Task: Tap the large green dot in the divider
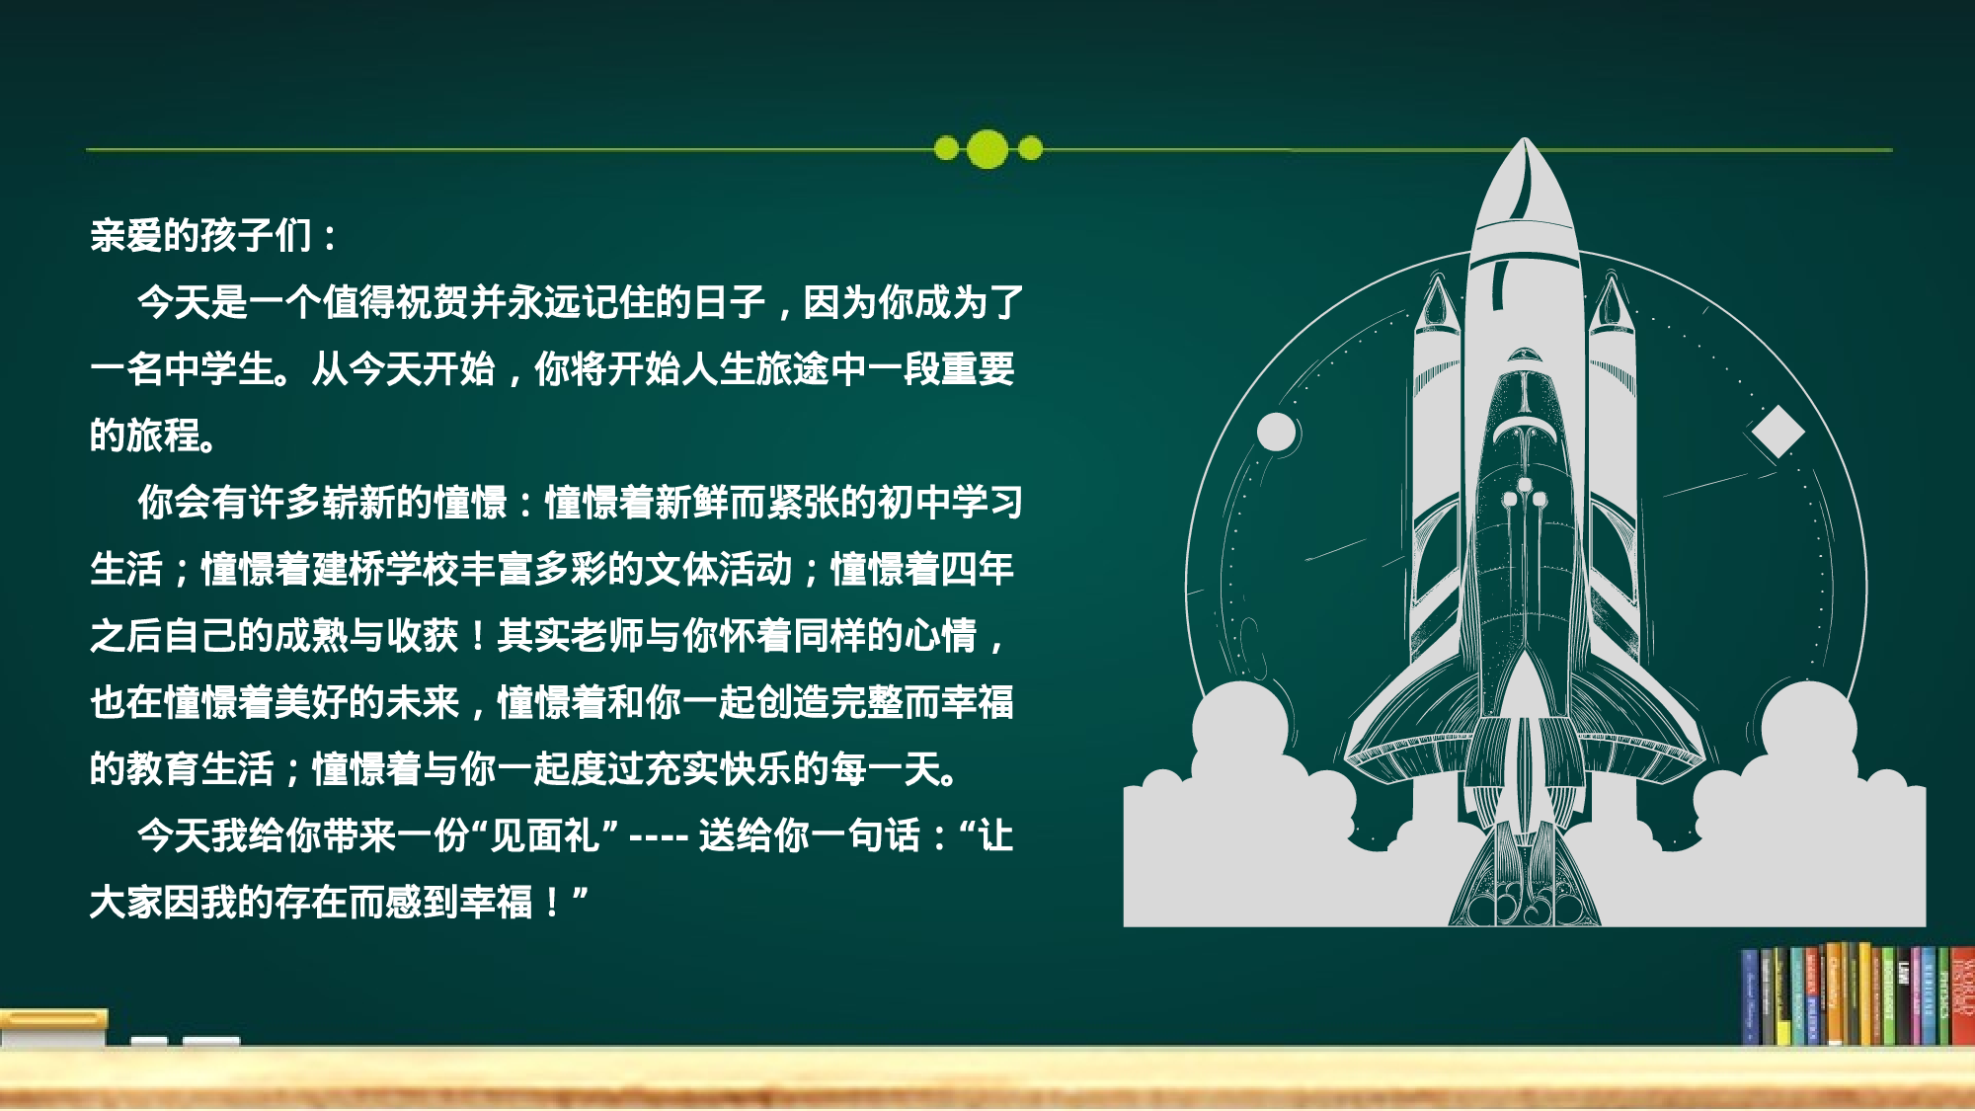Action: pos(987,149)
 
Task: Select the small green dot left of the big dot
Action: pos(946,149)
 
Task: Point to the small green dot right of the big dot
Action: pos(1030,149)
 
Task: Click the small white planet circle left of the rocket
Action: pos(1276,433)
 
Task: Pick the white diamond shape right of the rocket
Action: pos(1777,432)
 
